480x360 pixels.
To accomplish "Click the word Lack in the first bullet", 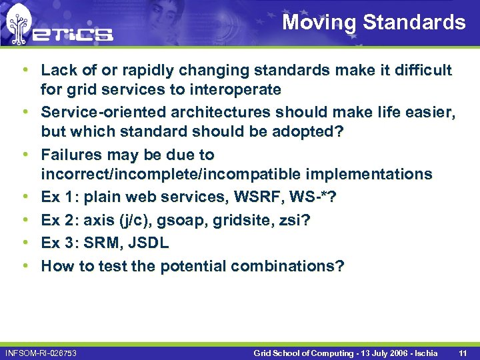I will tap(57, 70).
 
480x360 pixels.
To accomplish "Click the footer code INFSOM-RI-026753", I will tap(41, 352).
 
